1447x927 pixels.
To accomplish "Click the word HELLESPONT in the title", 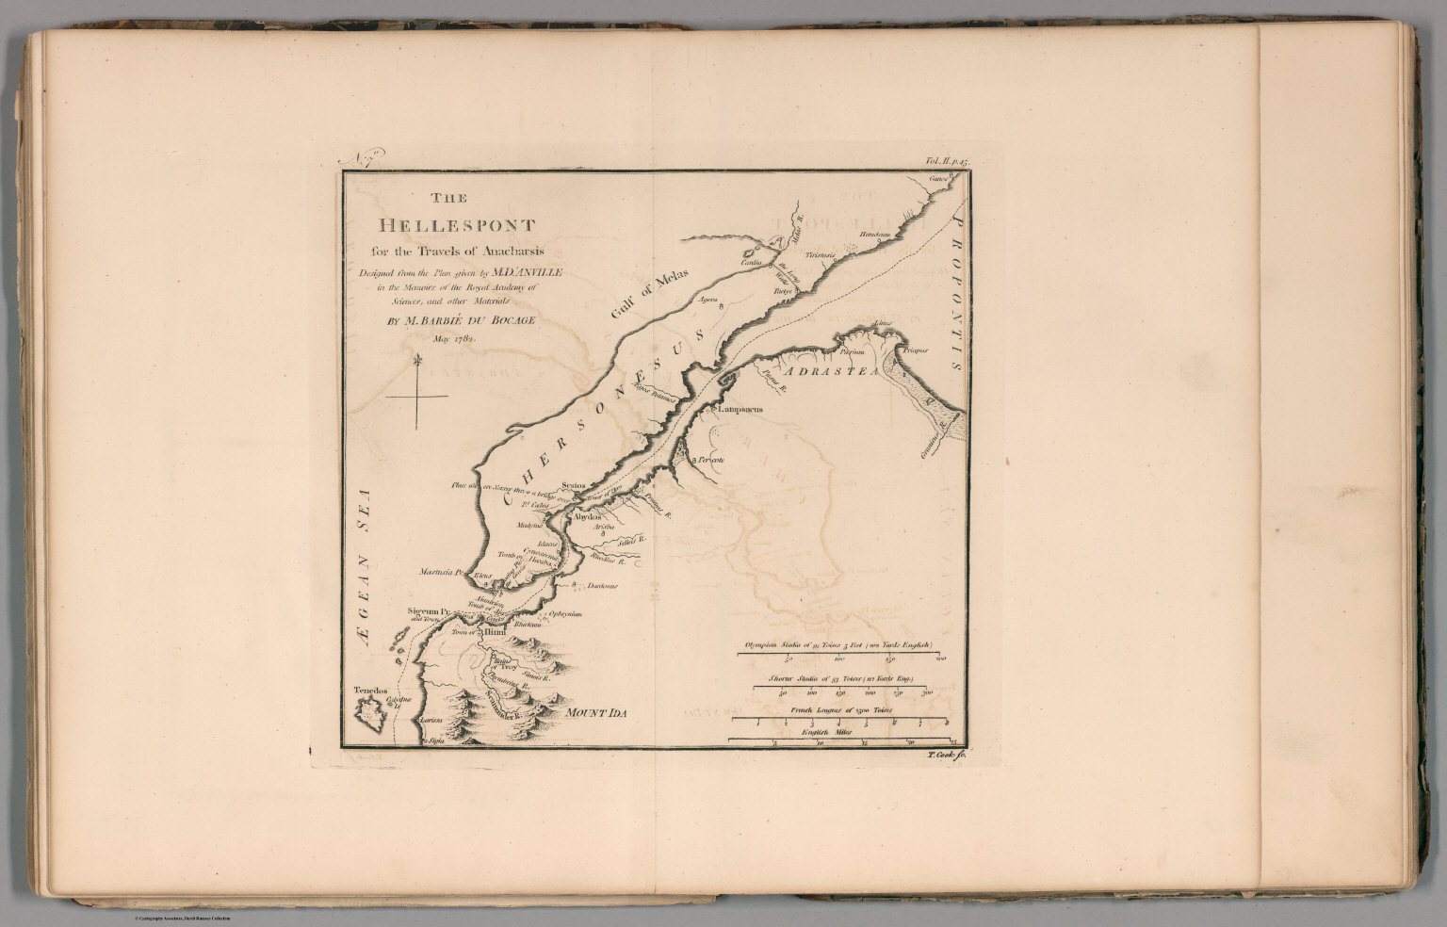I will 456,226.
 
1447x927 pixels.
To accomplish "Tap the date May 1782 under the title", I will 455,336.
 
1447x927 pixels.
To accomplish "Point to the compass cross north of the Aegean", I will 416,398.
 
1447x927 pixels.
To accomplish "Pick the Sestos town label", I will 573,486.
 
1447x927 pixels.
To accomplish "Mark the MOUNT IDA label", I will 595,713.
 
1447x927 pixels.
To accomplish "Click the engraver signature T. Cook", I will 940,756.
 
